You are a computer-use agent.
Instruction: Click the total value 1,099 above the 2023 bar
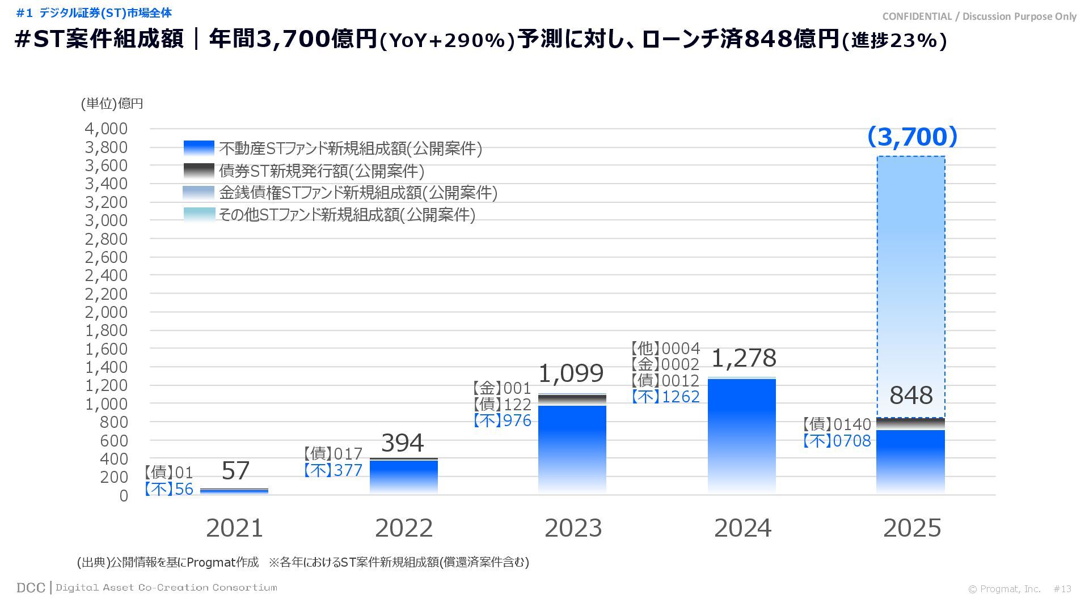[x=571, y=373]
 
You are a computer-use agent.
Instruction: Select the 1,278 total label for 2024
[x=743, y=358]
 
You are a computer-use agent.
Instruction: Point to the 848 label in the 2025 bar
[x=911, y=396]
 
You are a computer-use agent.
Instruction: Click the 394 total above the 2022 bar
[x=402, y=443]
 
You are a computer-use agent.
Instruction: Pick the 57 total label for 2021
[x=235, y=471]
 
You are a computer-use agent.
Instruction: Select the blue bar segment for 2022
[x=403, y=476]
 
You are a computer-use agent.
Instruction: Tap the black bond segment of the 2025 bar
[x=910, y=424]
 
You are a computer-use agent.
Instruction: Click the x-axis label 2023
[x=573, y=528]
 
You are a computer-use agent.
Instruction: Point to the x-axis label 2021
[x=234, y=528]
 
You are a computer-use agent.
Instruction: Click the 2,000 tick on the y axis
[x=106, y=312]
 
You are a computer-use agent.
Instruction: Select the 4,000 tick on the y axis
[x=106, y=129]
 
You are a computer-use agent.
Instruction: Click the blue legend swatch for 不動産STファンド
[x=199, y=148]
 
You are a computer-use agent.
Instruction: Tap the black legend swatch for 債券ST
[x=199, y=170]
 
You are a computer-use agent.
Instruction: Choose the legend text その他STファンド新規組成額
[x=347, y=215]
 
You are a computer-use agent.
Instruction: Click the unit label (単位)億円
[x=112, y=104]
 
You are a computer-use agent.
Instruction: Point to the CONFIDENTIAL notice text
[x=979, y=16]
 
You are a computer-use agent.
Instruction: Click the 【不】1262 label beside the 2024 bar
[x=666, y=397]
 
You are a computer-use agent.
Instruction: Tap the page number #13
[x=1062, y=589]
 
